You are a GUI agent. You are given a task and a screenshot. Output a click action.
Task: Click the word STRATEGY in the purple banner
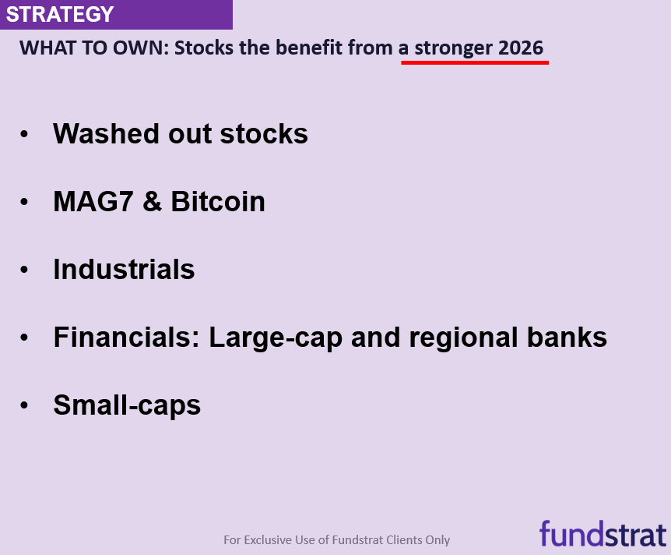(60, 15)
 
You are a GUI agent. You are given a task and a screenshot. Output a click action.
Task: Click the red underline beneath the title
(475, 62)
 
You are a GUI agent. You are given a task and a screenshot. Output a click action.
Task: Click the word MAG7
(93, 201)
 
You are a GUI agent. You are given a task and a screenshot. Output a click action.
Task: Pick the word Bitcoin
(218, 201)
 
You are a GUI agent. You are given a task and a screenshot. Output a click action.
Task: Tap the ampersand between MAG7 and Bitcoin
(153, 201)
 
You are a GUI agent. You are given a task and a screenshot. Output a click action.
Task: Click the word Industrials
(124, 269)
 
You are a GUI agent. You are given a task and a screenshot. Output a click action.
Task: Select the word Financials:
(127, 338)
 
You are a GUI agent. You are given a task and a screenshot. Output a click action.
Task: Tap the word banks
(567, 338)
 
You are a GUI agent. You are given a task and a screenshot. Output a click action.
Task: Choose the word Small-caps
(127, 406)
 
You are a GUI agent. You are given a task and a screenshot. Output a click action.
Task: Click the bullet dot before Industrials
(24, 270)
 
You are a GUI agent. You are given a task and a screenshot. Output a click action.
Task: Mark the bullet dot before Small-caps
(24, 405)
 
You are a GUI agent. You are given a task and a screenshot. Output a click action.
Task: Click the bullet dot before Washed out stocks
(24, 134)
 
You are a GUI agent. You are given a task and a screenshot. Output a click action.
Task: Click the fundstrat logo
(603, 534)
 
